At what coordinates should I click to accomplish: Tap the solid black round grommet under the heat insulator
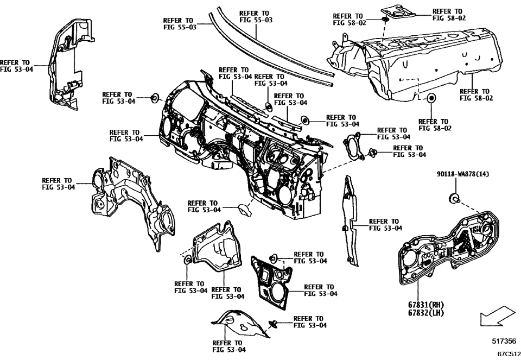click(x=432, y=98)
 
